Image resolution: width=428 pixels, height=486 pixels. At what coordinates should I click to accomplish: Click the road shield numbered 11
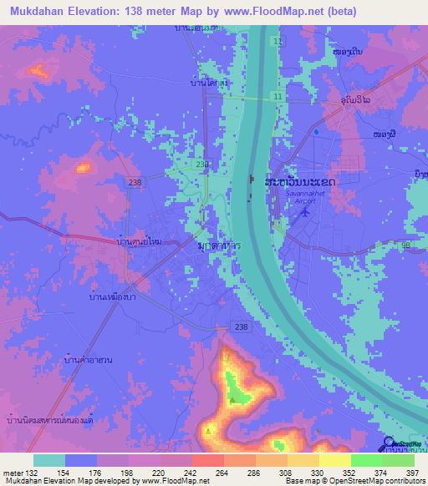[277, 97]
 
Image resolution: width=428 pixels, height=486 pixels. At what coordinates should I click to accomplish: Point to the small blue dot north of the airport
[316, 132]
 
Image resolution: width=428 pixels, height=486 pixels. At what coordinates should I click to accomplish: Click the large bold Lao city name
[300, 181]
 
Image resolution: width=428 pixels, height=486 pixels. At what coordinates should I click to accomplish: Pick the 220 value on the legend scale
[145, 472]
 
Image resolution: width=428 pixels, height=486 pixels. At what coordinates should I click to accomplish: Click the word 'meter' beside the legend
[13, 472]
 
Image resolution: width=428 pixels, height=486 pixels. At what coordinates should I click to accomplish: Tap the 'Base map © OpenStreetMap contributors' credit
[354, 481]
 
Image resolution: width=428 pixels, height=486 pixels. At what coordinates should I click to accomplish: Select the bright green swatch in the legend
[366, 460]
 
